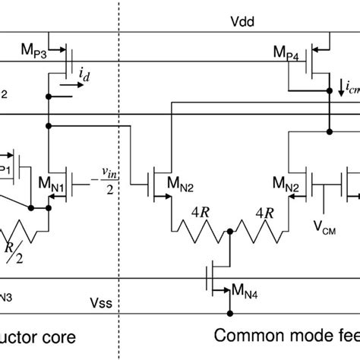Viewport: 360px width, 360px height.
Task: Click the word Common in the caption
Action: pos(241,335)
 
